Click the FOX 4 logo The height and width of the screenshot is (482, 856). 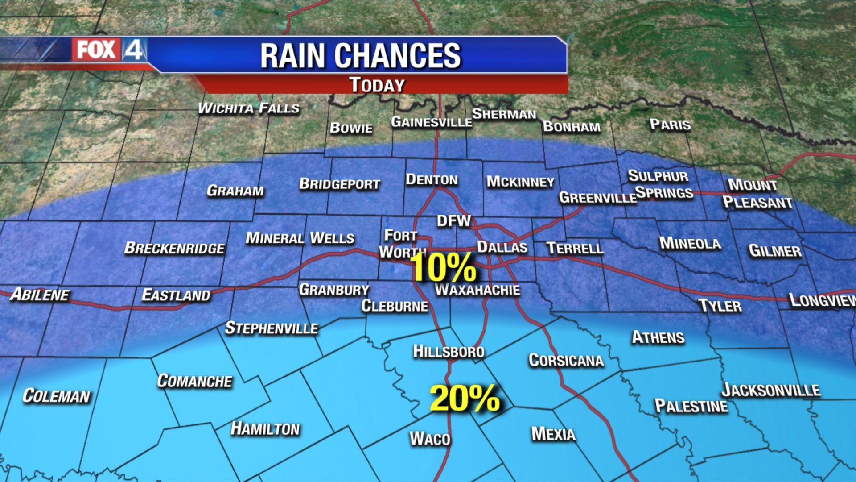coord(109,50)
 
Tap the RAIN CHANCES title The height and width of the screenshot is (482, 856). coord(360,56)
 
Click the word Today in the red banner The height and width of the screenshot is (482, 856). coord(377,85)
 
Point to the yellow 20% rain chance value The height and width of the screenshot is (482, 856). coord(465,399)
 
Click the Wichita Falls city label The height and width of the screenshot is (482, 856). coord(248,108)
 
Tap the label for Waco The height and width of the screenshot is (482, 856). coord(430,439)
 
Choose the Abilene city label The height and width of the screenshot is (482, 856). coord(40,295)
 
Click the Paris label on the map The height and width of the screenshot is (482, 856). coord(670,125)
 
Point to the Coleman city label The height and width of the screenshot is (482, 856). coord(56,396)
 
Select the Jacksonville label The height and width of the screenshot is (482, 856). coord(771,390)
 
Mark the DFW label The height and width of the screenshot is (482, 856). coord(453,221)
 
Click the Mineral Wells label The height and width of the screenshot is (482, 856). coord(300,238)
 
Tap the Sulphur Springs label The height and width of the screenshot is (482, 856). coord(661,184)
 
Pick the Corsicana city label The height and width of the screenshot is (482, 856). coord(566,360)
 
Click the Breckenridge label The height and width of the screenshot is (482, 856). coord(174,248)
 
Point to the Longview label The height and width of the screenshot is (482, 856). coord(822,300)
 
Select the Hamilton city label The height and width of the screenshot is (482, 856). coord(265,429)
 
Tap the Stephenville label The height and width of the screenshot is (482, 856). coord(271,328)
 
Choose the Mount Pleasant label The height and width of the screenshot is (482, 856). coord(757,193)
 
